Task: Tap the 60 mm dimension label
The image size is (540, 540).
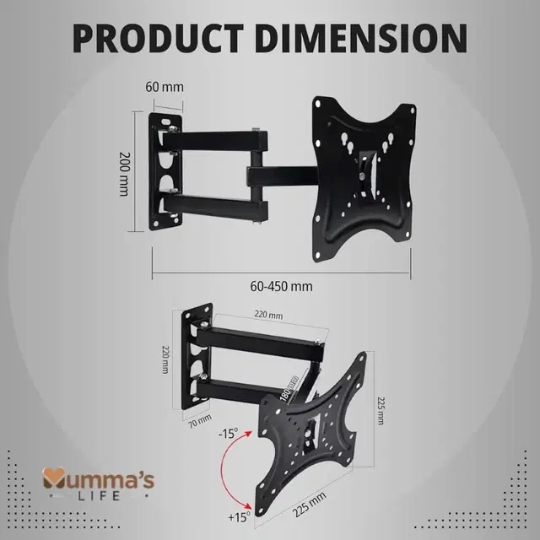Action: tap(165, 87)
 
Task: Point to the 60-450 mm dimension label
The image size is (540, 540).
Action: tap(282, 285)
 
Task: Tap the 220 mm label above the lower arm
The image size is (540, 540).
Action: tap(268, 316)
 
